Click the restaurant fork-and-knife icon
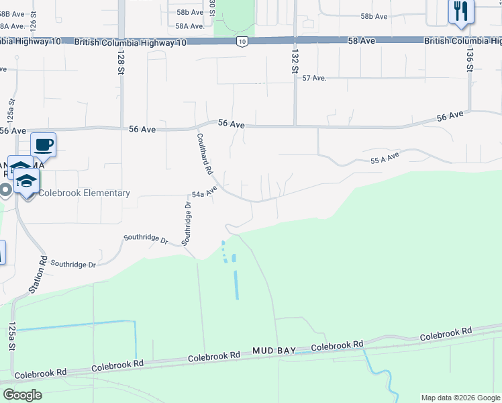click(x=460, y=11)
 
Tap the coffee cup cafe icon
click(x=44, y=144)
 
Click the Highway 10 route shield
click(x=242, y=42)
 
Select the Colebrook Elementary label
click(x=84, y=193)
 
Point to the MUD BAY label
click(x=273, y=351)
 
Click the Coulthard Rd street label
click(x=205, y=153)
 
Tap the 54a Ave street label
click(x=206, y=192)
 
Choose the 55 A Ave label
click(x=385, y=157)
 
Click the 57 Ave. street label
click(x=313, y=78)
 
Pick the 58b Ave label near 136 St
click(x=374, y=16)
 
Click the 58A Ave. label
click(x=189, y=26)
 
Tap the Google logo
click(x=22, y=395)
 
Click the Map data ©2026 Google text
click(x=460, y=398)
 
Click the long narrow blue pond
click(x=236, y=285)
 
